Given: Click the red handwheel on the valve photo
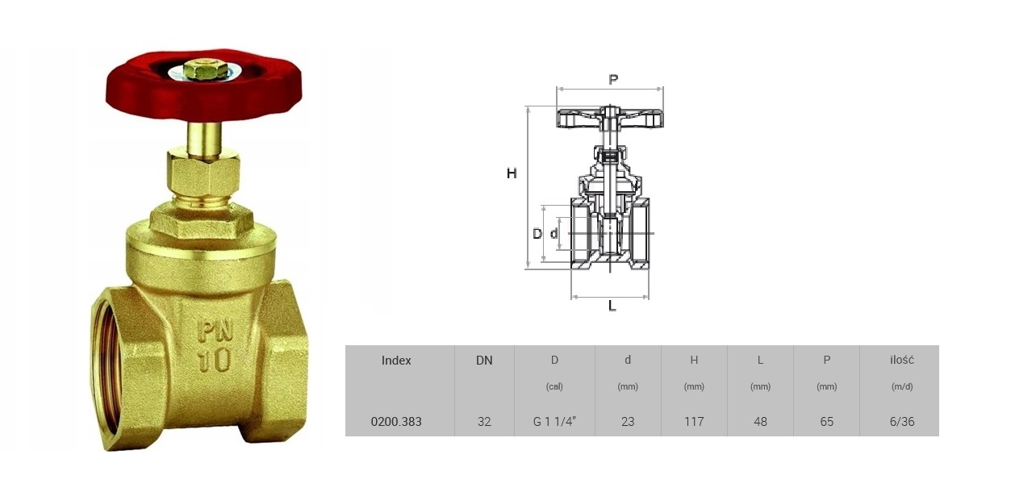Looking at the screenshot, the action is click(x=136, y=97).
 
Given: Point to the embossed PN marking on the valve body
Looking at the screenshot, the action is click(x=215, y=332).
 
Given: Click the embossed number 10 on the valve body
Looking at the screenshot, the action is click(x=215, y=360).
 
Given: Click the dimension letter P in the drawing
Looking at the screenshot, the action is click(x=613, y=80).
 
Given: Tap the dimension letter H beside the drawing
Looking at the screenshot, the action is click(x=512, y=173).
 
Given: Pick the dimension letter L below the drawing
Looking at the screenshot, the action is click(x=612, y=307).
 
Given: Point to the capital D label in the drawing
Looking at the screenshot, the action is click(x=537, y=234).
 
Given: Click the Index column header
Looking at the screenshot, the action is click(x=396, y=361).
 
